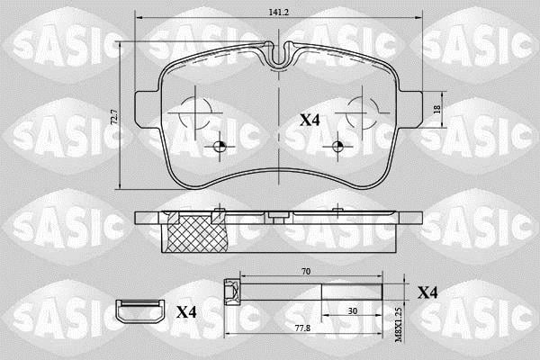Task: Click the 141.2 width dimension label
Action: (279, 12)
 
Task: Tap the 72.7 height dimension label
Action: (115, 117)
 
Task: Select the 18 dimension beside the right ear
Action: (436, 110)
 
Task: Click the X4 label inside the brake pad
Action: (310, 121)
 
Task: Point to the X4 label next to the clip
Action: (186, 312)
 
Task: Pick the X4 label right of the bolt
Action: (427, 292)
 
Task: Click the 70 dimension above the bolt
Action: (305, 272)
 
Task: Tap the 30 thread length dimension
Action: (352, 311)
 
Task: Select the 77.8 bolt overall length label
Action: (303, 328)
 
